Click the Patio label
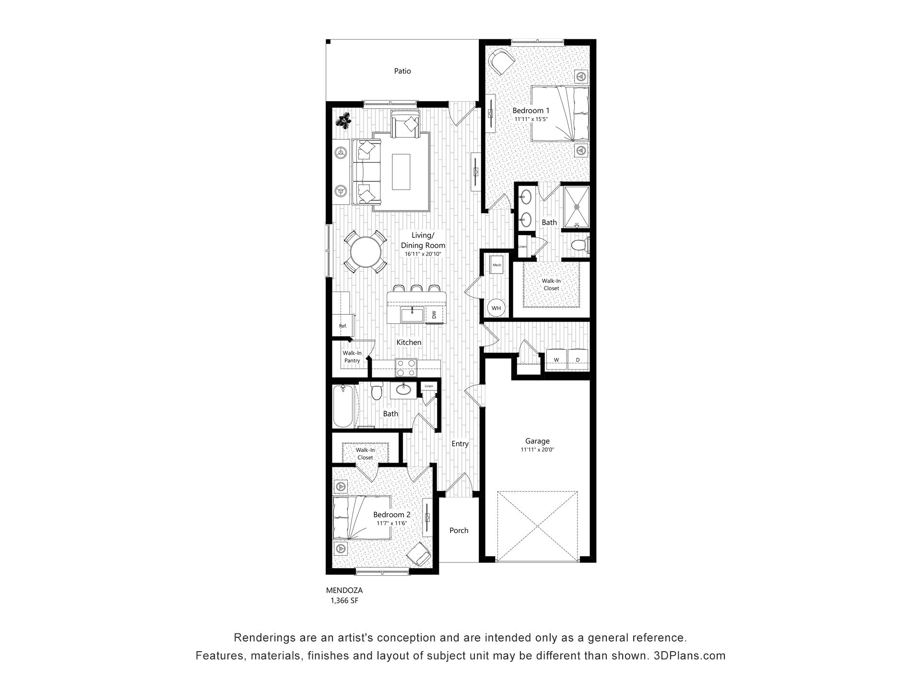coord(402,71)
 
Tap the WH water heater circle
coord(496,308)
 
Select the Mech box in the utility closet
coord(496,264)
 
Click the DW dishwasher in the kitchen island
coord(434,315)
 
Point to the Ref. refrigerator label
coord(342,326)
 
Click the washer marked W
coord(556,359)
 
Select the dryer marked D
coord(578,359)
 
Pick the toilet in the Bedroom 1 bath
coord(580,245)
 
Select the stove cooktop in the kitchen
coord(406,368)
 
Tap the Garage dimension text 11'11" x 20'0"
coord(537,450)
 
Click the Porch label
coord(459,530)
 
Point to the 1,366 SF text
coord(344,600)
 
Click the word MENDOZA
coord(344,591)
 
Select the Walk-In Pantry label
coord(352,357)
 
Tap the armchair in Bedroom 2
coord(418,554)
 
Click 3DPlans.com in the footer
coord(689,655)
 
